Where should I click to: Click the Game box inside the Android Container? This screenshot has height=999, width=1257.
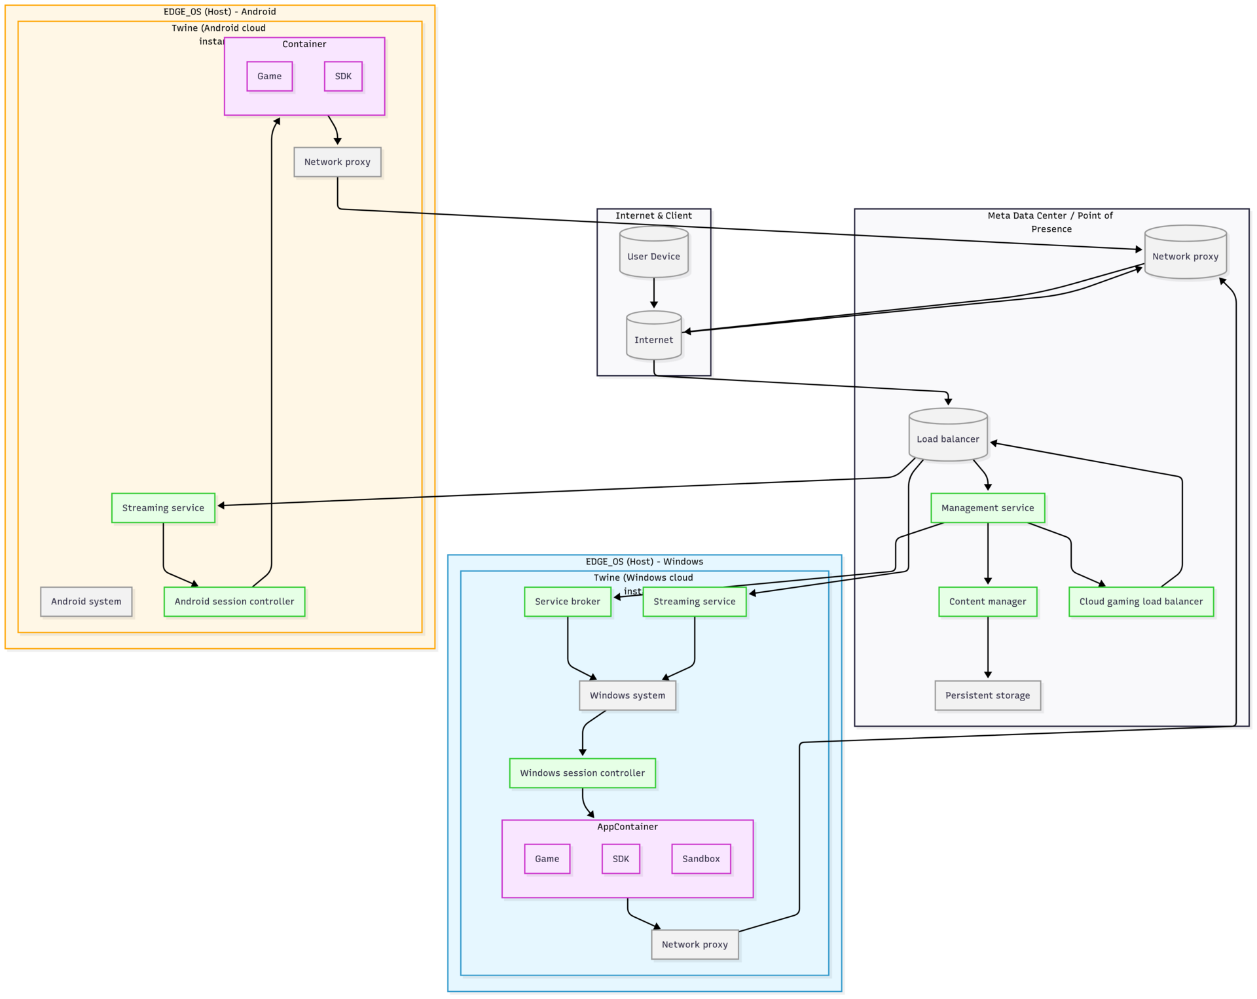(x=269, y=77)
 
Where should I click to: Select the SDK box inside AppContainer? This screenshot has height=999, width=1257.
(x=620, y=858)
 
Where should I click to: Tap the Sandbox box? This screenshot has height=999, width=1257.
(x=701, y=858)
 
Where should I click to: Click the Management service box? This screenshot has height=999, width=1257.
(x=987, y=508)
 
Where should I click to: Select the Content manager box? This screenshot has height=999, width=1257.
(x=987, y=602)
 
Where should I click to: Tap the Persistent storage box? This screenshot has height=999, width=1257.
(x=987, y=695)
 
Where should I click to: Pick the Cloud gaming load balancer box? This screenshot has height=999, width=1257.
(x=1140, y=602)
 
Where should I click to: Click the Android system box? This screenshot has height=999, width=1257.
(x=86, y=602)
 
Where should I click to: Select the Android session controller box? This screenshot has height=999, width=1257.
(x=234, y=602)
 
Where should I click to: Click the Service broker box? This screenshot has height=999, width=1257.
(x=567, y=602)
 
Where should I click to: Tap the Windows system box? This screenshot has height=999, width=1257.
(x=627, y=695)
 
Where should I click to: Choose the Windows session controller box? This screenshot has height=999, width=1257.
(x=582, y=773)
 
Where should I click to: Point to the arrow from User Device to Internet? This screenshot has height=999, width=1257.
(x=653, y=293)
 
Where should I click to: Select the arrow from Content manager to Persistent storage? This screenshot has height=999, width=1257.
(x=987, y=648)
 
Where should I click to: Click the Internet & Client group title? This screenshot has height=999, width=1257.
(x=653, y=215)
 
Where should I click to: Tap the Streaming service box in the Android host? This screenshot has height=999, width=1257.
(x=163, y=508)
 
